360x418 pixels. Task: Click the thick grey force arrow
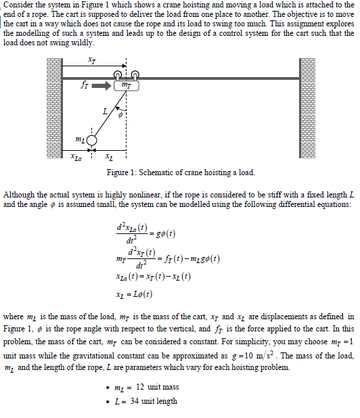[x=101, y=86]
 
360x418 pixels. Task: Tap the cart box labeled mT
[x=127, y=86]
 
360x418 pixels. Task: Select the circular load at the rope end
[x=93, y=141]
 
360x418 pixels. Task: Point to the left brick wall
[x=53, y=109]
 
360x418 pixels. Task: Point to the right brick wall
[x=307, y=109]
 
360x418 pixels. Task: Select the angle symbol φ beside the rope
[x=120, y=114]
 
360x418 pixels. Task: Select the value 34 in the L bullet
[x=135, y=401]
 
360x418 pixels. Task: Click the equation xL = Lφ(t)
[x=133, y=294]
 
